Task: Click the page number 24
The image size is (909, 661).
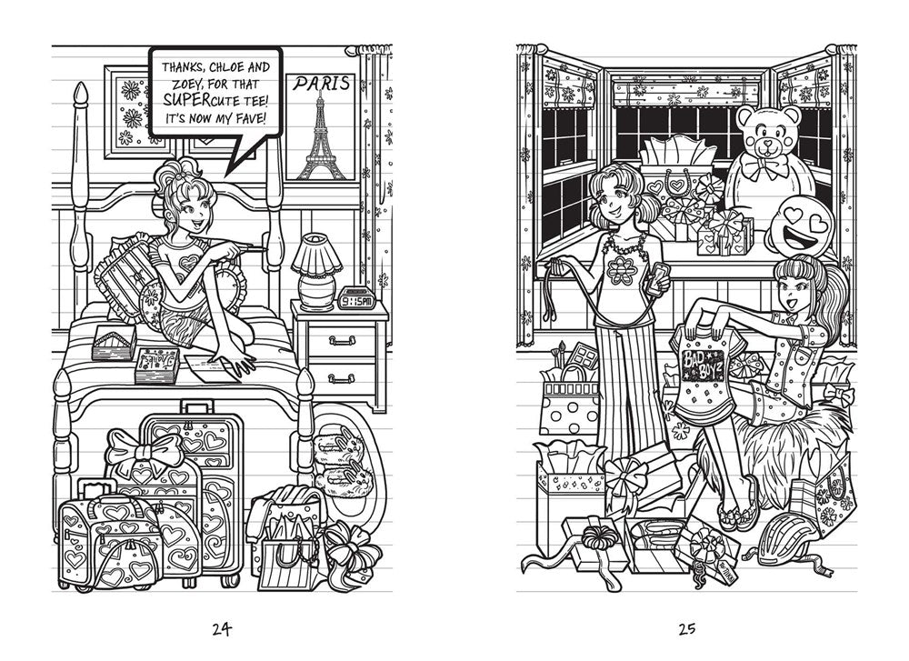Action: [x=221, y=628]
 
